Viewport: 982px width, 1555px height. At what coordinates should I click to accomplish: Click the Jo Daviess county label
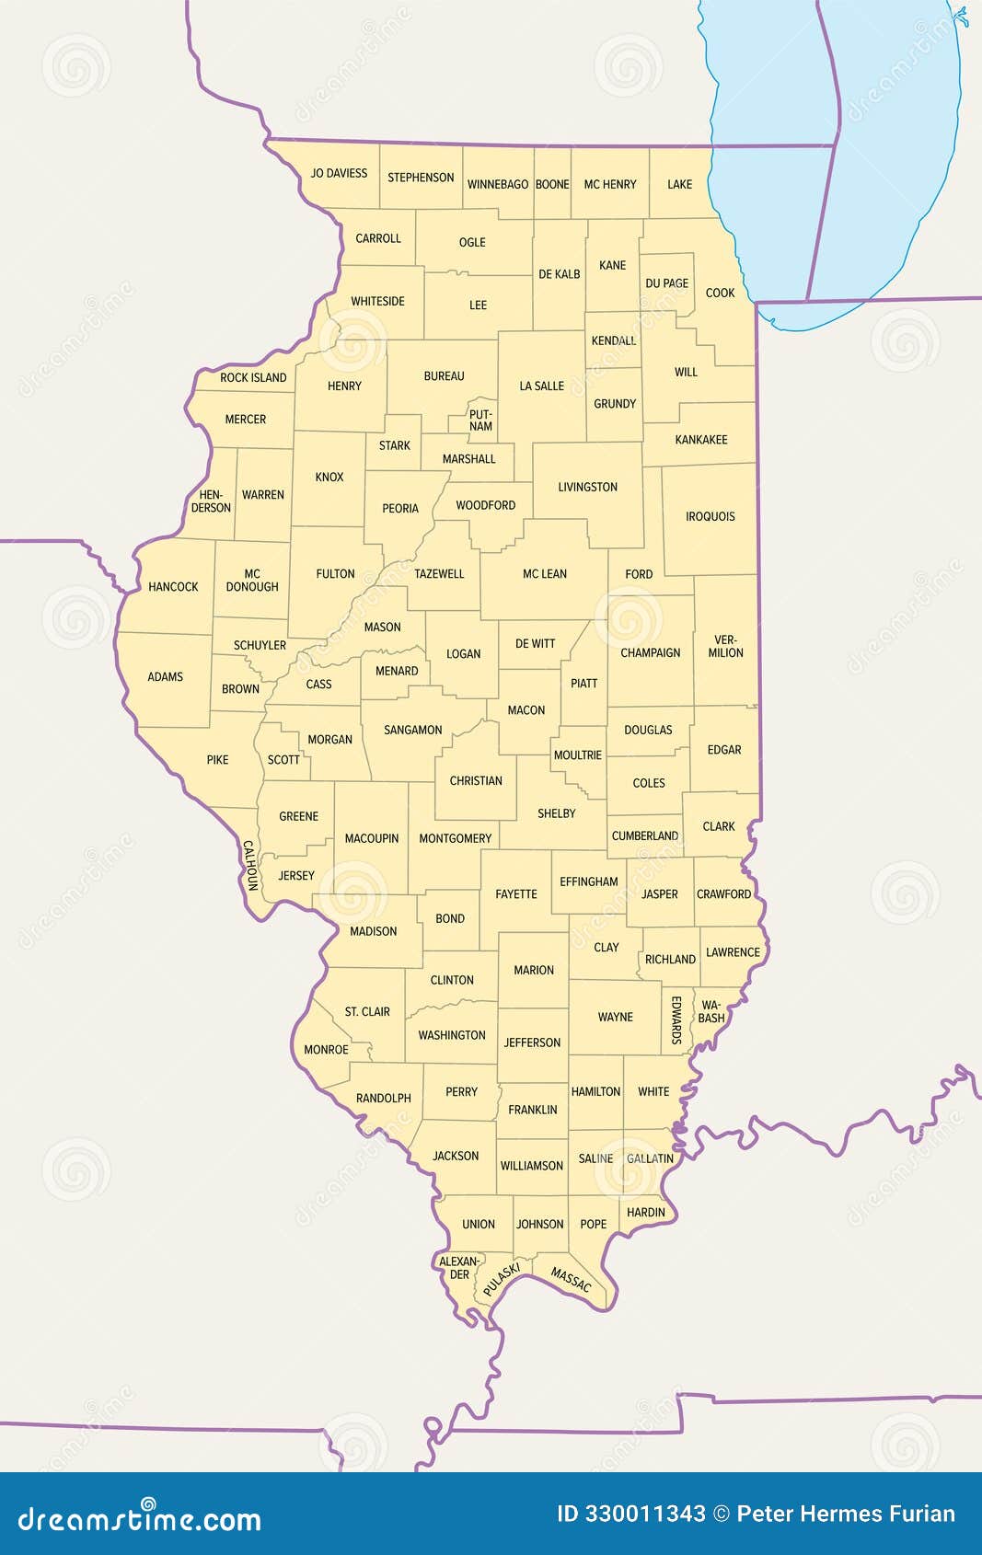click(339, 173)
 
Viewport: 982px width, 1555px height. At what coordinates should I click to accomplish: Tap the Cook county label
click(720, 293)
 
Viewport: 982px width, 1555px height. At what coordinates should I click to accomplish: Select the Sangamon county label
click(412, 730)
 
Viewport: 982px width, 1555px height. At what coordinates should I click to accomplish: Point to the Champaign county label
click(650, 652)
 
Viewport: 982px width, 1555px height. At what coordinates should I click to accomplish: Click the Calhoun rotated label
click(249, 865)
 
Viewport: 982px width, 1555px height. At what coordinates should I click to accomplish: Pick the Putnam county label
click(480, 420)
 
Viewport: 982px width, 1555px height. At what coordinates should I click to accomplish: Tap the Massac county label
click(571, 1279)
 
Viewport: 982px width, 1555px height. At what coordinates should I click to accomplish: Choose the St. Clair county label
click(367, 1011)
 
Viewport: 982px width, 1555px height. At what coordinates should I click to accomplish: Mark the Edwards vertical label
click(676, 1019)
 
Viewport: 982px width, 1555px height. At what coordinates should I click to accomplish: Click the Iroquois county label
click(710, 516)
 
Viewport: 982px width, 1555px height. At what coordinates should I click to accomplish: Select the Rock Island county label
click(253, 377)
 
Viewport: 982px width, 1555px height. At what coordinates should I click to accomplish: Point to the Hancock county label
click(173, 586)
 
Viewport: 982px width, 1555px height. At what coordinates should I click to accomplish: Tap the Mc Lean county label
click(544, 573)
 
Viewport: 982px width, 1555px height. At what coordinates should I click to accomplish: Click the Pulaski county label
click(502, 1280)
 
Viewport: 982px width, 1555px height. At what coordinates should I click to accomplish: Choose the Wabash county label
click(711, 1011)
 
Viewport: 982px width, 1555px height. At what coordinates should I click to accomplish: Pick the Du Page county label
click(666, 283)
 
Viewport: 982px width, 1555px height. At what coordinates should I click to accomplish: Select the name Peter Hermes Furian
click(846, 1514)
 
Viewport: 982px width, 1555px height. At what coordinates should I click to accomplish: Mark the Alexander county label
click(459, 1268)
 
